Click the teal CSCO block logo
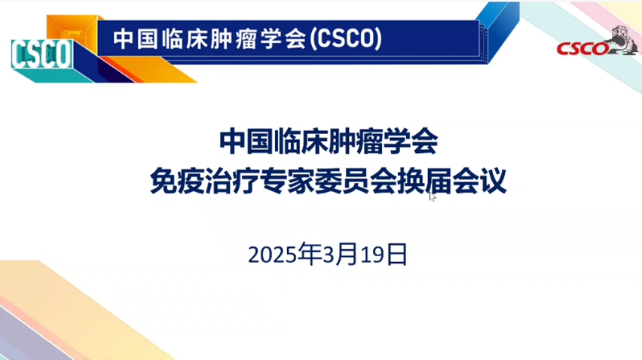click(x=41, y=54)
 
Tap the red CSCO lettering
click(x=582, y=49)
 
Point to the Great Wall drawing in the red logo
click(x=622, y=40)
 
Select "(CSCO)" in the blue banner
click(x=346, y=38)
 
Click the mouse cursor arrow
click(x=433, y=197)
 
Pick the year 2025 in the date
click(x=272, y=255)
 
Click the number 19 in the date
click(x=371, y=255)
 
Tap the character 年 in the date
click(x=309, y=254)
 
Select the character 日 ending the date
click(x=396, y=255)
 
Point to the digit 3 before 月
click(x=329, y=255)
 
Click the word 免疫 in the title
click(x=176, y=181)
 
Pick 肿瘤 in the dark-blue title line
click(x=356, y=141)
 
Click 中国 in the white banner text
click(x=136, y=39)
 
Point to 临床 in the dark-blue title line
click(x=301, y=141)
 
